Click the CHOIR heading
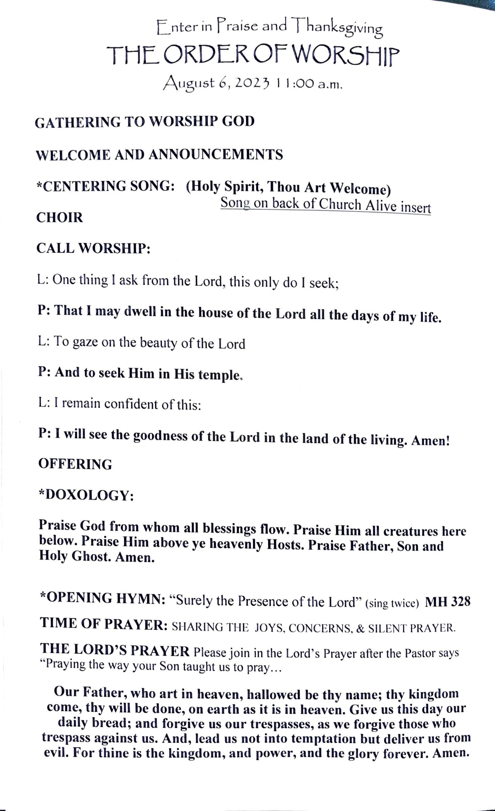tap(60, 218)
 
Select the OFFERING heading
tap(75, 464)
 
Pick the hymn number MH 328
tap(447, 602)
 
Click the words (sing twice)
tap(392, 603)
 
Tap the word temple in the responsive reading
tap(219, 374)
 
